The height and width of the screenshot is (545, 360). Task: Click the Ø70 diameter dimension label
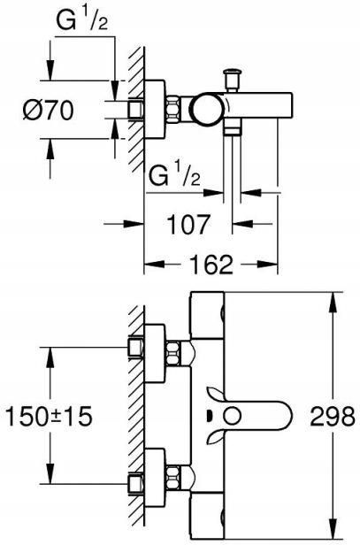click(49, 111)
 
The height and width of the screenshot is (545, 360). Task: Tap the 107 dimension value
click(188, 224)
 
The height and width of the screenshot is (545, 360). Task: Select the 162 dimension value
click(211, 265)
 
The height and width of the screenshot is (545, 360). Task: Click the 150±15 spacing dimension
click(50, 416)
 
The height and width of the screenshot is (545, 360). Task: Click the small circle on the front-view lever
click(232, 416)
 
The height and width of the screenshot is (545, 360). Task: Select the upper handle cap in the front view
click(207, 315)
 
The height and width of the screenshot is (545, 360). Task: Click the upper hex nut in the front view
click(173, 354)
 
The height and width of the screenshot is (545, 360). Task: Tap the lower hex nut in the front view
click(173, 478)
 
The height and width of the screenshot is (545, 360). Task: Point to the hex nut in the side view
click(173, 110)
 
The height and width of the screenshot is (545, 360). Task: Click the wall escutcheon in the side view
click(155, 110)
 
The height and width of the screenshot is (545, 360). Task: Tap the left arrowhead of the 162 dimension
click(154, 265)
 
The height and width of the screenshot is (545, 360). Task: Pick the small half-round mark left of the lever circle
click(209, 416)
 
